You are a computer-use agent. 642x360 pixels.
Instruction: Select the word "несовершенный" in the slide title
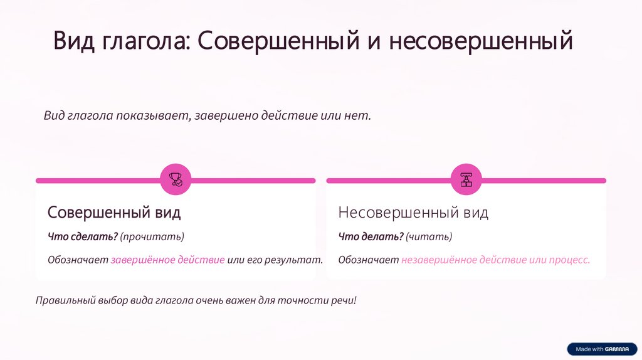[481, 41]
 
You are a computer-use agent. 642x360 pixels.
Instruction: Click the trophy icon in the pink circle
[176, 180]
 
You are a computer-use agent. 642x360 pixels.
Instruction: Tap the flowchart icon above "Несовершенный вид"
[466, 180]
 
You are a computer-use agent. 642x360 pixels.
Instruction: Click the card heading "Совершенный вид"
[114, 213]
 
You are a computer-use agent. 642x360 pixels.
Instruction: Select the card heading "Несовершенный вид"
[413, 213]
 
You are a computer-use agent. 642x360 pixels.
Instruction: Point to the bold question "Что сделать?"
[82, 236]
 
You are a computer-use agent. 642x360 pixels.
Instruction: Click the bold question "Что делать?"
[371, 236]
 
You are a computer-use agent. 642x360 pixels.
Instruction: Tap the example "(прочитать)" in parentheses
[152, 236]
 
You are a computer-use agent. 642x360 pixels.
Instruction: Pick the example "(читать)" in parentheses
[429, 236]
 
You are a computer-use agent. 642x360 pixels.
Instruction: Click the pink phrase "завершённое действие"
[167, 260]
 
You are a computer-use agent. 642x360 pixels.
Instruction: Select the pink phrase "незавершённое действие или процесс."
[495, 260]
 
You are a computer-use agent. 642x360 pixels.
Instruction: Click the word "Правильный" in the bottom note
[65, 300]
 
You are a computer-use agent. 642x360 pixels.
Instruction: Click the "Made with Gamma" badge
[601, 349]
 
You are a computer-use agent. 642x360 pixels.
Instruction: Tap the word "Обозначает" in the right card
[368, 260]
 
